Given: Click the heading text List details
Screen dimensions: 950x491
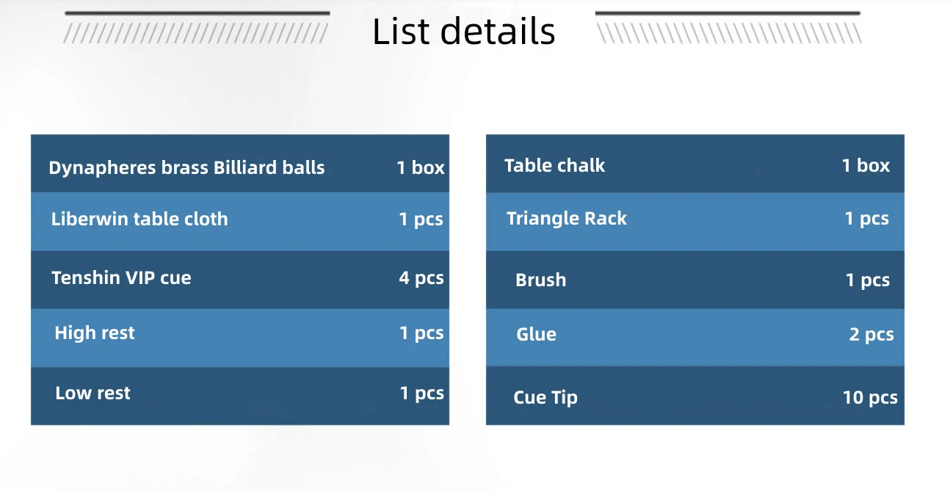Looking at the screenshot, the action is click(x=463, y=32).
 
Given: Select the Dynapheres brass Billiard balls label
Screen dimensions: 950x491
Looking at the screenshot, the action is click(x=186, y=167).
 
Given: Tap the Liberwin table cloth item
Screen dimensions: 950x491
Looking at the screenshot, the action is click(x=139, y=219).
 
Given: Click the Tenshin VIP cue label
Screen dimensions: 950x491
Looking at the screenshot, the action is click(x=121, y=278).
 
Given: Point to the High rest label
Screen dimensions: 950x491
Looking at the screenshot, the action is click(x=95, y=332).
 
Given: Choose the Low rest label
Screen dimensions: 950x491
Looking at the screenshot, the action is click(x=93, y=393).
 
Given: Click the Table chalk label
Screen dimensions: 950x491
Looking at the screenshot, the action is click(x=554, y=165).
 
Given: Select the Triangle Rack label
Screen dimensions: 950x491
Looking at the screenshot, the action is click(x=567, y=218).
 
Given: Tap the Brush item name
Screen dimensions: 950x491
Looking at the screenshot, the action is click(x=540, y=280).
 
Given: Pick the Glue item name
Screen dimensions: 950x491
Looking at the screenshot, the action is click(x=536, y=334).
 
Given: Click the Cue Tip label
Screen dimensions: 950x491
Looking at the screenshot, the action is click(x=545, y=397).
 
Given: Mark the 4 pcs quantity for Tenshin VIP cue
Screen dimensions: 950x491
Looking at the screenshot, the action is click(x=421, y=278).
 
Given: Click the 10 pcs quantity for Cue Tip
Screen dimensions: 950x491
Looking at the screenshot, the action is click(x=870, y=398).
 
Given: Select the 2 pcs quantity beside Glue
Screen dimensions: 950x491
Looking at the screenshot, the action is click(x=871, y=335).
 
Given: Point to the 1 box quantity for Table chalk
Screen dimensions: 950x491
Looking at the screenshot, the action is click(x=866, y=165).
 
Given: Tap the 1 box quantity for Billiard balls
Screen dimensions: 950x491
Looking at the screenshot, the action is click(x=421, y=167).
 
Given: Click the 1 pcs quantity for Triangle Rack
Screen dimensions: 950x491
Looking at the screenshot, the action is click(x=867, y=218).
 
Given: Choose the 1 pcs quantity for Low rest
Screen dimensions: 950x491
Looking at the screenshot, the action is click(x=422, y=393).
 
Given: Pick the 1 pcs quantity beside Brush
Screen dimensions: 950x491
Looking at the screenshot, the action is click(x=868, y=280).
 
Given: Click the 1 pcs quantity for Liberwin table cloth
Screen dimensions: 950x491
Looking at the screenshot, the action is click(x=421, y=219).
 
